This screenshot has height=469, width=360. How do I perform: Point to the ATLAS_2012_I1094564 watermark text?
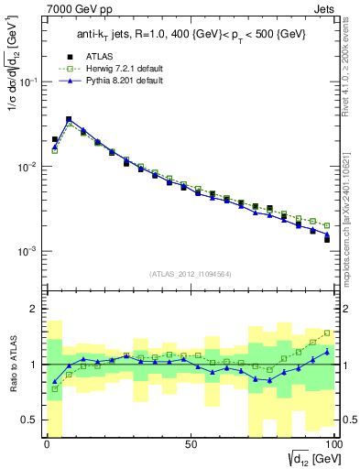coord(191,272)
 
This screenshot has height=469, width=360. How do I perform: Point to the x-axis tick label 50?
coord(191,444)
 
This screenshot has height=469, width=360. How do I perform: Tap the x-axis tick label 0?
coord(48,444)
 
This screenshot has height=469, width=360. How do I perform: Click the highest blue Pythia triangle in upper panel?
coord(69,119)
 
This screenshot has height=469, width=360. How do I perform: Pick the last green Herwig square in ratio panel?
coord(327,333)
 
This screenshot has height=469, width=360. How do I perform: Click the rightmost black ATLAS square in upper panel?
coord(327,240)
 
